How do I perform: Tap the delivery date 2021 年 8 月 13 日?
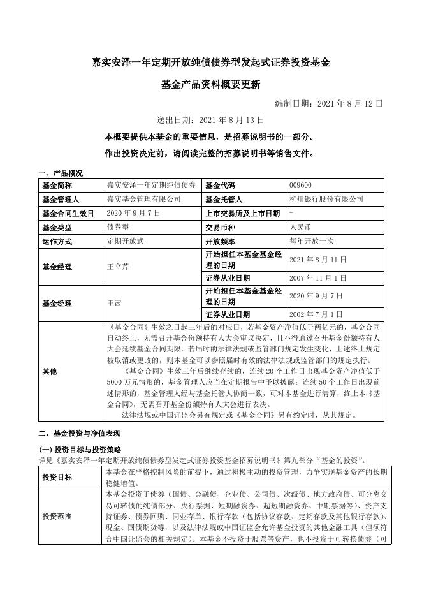point(210,119)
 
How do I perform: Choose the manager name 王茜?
point(114,303)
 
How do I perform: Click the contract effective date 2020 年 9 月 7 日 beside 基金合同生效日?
point(134,213)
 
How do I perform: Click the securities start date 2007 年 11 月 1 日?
point(317,278)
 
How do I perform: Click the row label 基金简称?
point(57,185)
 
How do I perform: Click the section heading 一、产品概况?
point(61,173)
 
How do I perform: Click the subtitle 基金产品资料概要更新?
point(210,84)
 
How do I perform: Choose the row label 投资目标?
point(57,477)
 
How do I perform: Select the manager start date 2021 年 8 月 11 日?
point(317,260)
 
